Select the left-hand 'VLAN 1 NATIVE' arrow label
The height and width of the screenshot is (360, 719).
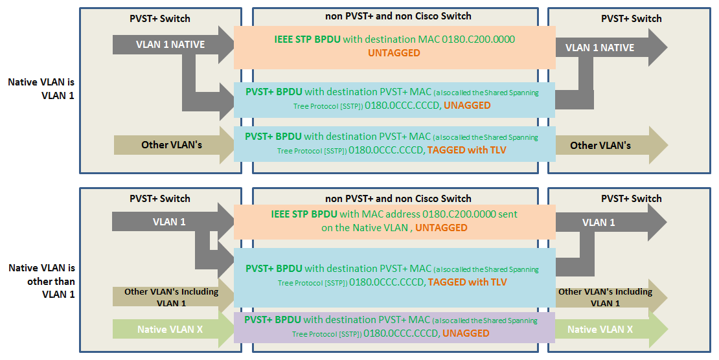170,45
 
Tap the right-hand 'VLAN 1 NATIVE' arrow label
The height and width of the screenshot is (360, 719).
600,47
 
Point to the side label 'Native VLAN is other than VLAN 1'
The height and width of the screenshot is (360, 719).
41,281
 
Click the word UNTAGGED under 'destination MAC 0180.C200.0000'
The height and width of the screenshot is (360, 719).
394,52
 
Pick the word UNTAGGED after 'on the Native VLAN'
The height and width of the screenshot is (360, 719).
441,227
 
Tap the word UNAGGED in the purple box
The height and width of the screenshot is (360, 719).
466,333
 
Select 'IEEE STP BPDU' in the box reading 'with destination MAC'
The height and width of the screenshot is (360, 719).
307,39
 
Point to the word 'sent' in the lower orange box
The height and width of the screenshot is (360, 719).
507,214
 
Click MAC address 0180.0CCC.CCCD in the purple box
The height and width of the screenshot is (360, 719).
401,333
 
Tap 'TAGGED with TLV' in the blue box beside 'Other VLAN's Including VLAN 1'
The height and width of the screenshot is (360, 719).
467,282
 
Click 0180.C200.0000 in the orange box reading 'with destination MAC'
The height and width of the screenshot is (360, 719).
478,39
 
